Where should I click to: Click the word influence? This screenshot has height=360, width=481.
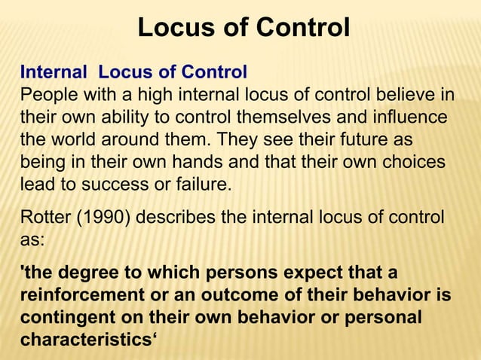click(410, 118)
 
